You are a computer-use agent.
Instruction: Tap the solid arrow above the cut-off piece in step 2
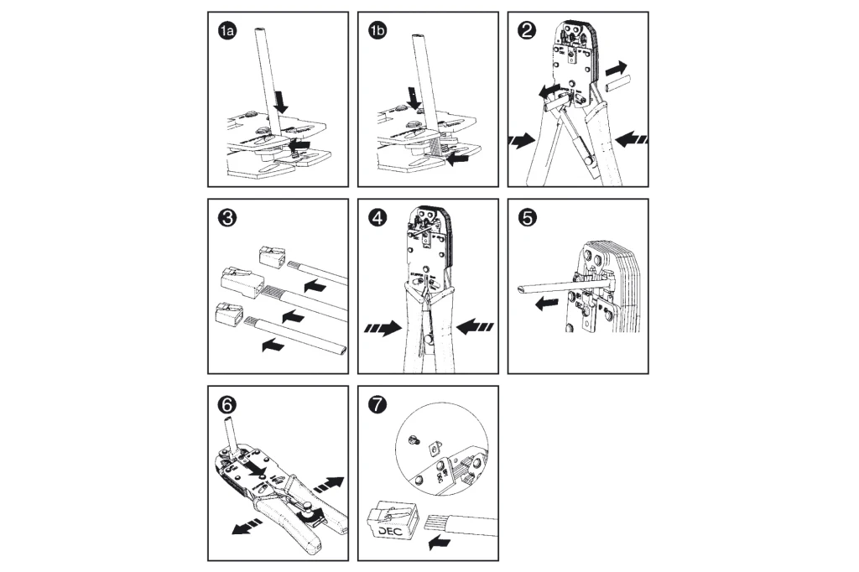[615, 65]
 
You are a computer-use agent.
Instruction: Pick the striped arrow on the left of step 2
[522, 142]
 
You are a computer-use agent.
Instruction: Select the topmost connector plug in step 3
[270, 257]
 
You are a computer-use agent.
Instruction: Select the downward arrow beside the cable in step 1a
[281, 101]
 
